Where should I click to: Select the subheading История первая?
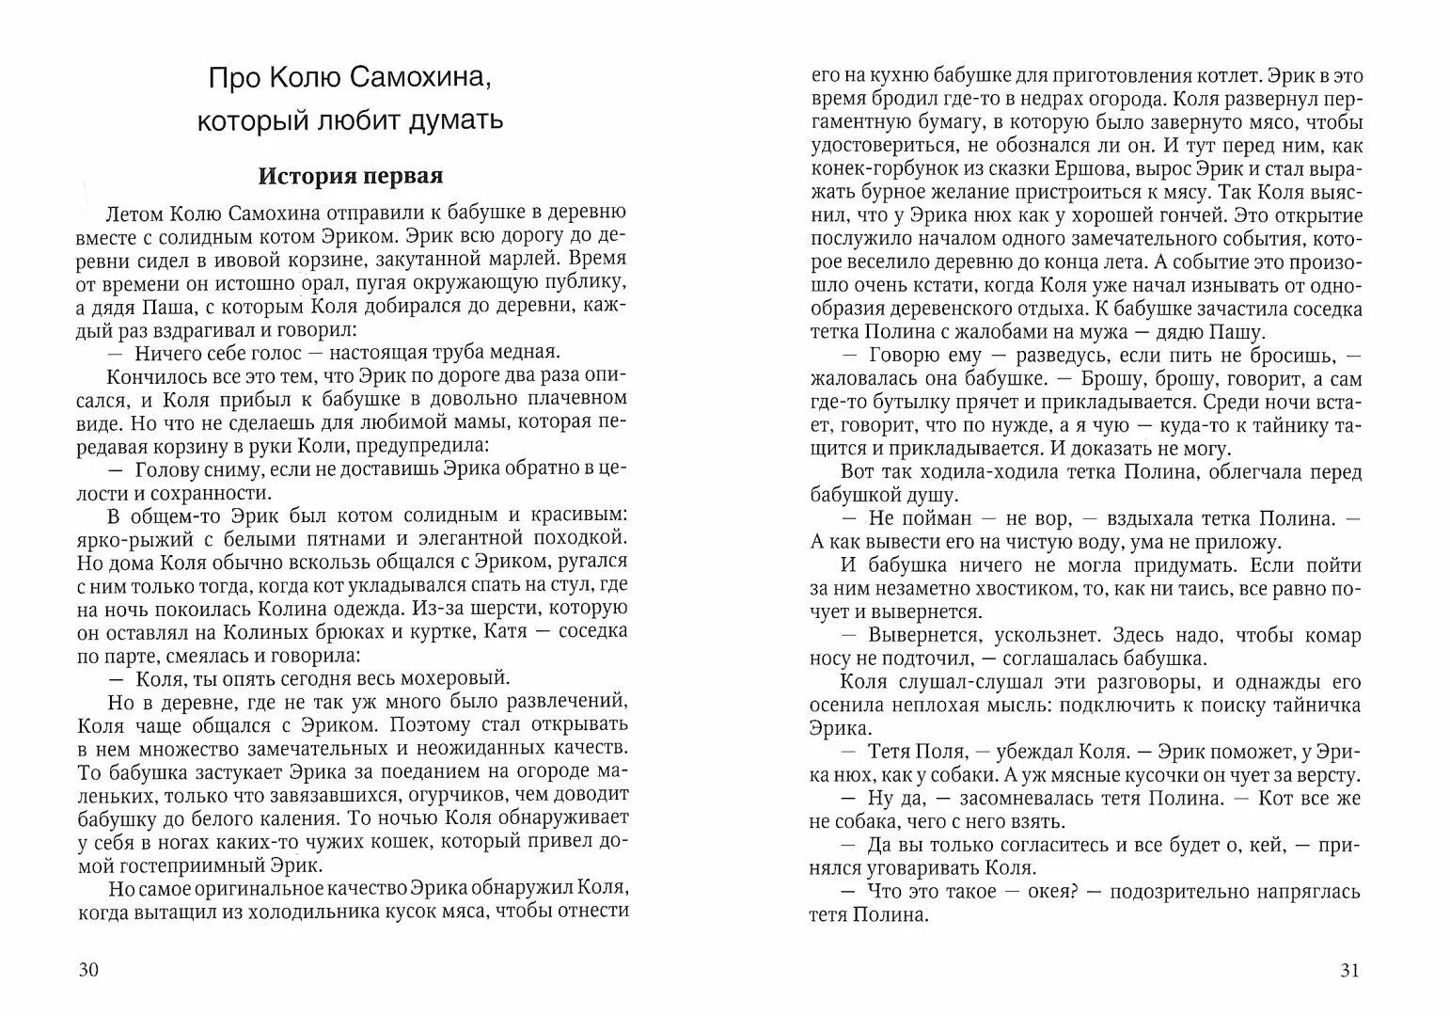tap(351, 176)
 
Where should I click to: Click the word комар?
tap(1330, 636)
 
